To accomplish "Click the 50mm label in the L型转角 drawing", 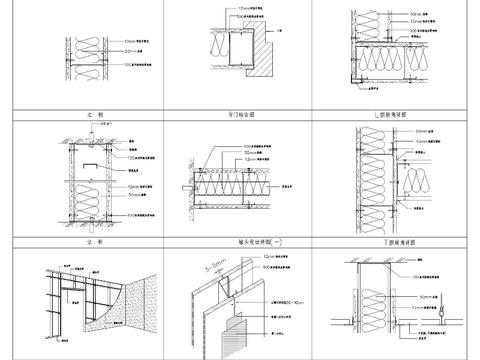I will pyautogui.click(x=410, y=15).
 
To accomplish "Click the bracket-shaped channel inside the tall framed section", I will pyautogui.click(x=89, y=160).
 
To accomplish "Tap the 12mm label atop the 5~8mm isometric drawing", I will pyautogui.click(x=269, y=255).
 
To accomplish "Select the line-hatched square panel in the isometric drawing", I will pyautogui.click(x=238, y=330).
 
